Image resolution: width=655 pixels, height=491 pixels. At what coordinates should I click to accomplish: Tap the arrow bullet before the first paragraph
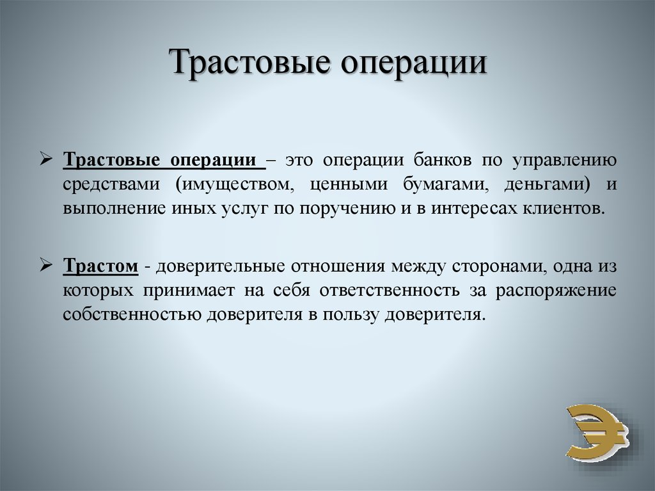click(45, 159)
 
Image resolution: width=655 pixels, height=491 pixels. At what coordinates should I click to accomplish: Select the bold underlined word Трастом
click(100, 266)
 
